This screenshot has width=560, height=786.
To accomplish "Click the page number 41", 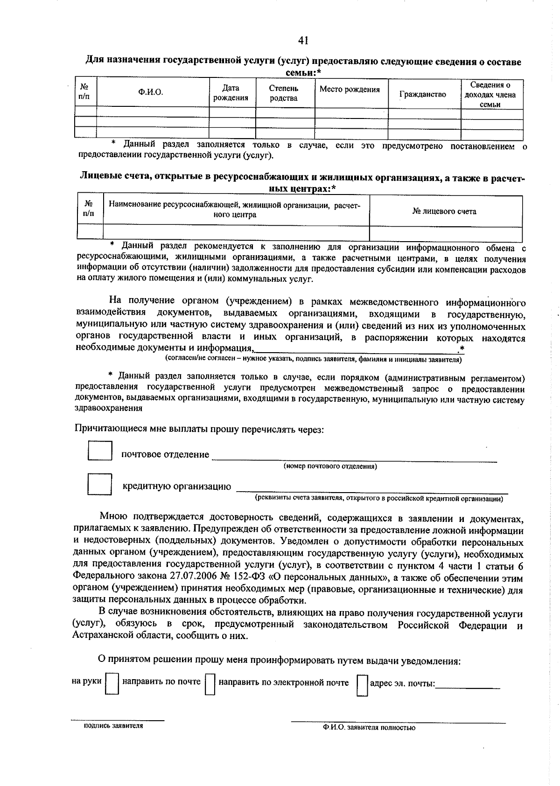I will (303, 41).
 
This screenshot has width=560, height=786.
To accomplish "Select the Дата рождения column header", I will (231, 93).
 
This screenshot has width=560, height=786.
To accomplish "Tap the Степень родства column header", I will (283, 93).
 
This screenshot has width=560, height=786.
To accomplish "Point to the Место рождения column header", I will (349, 90).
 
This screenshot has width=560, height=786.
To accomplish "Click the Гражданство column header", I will (423, 94).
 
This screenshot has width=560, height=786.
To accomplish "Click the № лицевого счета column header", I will (444, 211).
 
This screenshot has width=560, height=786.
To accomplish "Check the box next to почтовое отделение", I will (100, 451).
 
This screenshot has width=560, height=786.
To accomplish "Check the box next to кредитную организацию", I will (100, 484).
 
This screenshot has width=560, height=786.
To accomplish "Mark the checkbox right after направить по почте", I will (210, 684).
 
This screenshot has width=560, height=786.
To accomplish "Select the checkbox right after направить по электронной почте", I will (362, 684).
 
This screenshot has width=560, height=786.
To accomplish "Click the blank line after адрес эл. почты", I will (468, 685).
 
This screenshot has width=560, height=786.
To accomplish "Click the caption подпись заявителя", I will (113, 726).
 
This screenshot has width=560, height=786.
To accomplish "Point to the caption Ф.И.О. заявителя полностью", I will (369, 727).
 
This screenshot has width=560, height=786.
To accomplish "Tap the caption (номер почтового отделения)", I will (330, 466).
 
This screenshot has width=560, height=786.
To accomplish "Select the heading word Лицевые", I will (98, 178).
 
